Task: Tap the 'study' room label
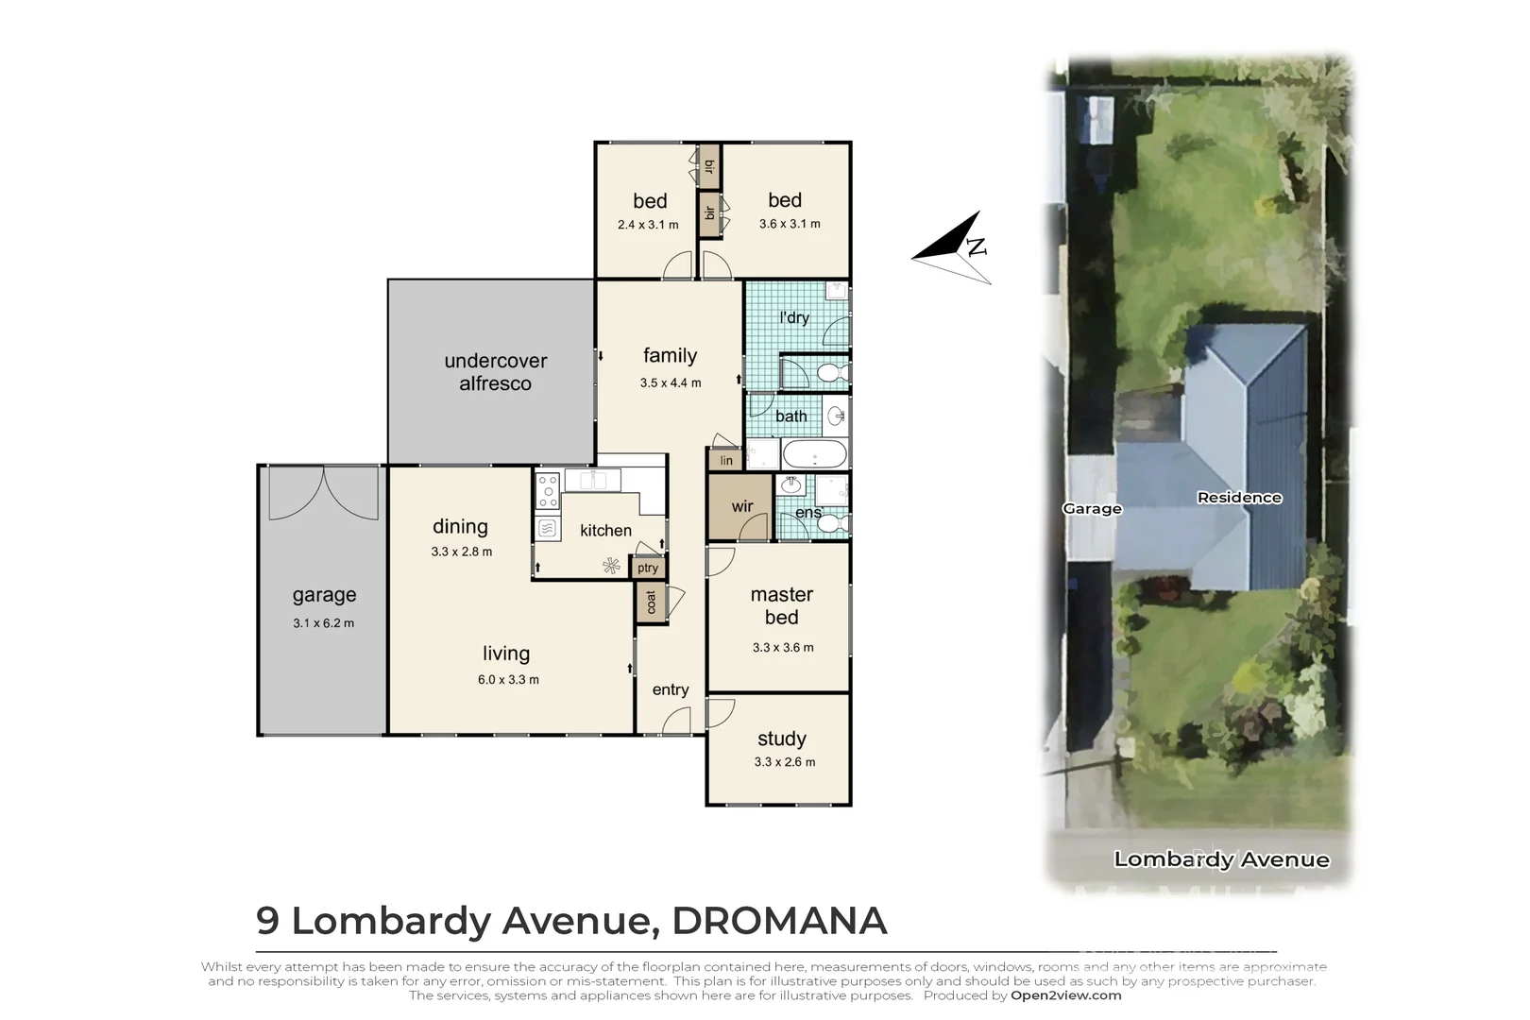point(782,739)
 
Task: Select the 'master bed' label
point(782,605)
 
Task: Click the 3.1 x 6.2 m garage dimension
point(324,623)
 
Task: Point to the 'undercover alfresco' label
point(495,372)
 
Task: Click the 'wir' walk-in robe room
point(741,507)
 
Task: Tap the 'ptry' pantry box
point(648,568)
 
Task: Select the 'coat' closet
point(651,602)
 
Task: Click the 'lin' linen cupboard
point(725,461)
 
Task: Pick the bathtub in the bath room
point(814,454)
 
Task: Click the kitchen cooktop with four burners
point(547,491)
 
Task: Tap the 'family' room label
point(670,356)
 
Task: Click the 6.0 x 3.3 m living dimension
point(508,680)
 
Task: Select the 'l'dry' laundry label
point(794,317)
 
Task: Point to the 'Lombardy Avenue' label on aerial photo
point(1221,859)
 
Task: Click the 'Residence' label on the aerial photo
point(1239,498)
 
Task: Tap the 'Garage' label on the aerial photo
point(1092,509)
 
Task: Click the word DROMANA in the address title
point(779,921)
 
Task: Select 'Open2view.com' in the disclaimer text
point(1065,995)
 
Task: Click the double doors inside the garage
point(324,493)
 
